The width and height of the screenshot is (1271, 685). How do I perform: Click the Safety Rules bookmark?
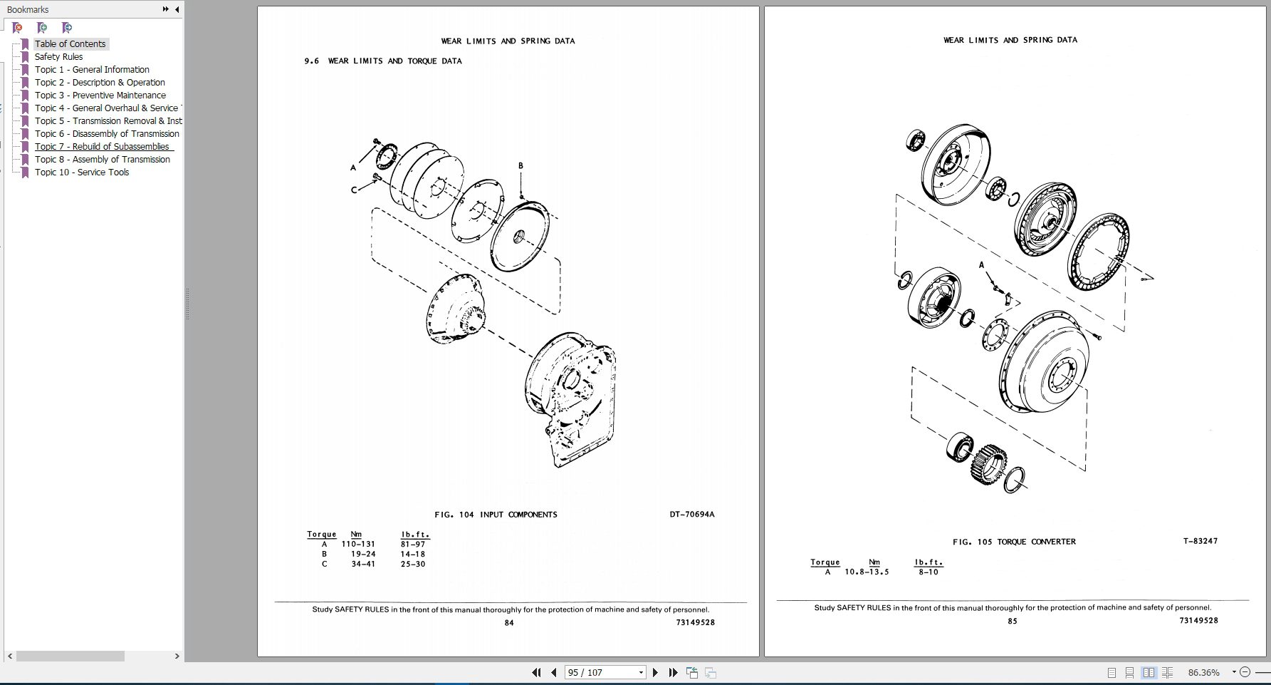point(58,57)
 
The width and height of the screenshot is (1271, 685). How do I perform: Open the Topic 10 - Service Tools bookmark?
point(82,172)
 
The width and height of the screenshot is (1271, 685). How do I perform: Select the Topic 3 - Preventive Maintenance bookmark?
point(100,96)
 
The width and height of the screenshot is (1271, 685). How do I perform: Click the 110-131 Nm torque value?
point(357,544)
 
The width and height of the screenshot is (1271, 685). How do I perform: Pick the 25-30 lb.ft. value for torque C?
point(413,564)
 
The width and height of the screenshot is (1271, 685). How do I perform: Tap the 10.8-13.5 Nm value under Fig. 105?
point(867,572)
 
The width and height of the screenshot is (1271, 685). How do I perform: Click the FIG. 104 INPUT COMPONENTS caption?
point(496,515)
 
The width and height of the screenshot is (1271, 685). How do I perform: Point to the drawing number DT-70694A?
point(691,515)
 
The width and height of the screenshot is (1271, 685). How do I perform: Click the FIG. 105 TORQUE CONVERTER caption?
point(1014,542)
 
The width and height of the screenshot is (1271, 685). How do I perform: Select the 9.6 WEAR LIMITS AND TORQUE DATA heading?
point(383,61)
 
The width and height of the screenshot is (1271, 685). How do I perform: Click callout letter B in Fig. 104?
point(521,166)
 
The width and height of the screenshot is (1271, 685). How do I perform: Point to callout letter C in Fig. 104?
point(353,190)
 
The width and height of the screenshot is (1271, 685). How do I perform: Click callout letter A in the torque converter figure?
point(981,265)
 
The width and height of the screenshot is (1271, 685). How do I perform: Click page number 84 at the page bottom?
point(509,623)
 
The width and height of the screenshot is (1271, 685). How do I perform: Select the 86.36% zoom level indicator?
point(1203,672)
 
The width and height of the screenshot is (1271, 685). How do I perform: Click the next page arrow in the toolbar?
point(655,672)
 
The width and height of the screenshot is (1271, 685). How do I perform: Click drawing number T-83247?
point(1200,541)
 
